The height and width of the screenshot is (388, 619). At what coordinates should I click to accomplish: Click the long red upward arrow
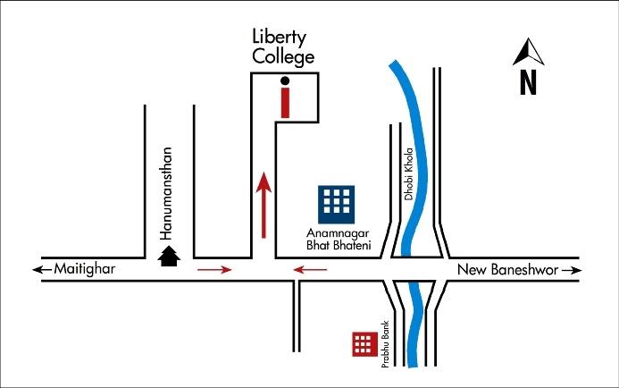click(263, 206)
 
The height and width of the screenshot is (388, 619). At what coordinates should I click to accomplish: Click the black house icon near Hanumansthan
click(169, 257)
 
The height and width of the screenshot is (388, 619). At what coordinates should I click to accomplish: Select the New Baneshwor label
click(506, 269)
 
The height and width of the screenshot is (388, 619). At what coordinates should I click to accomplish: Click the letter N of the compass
click(528, 83)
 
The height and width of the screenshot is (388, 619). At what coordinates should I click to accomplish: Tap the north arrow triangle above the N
click(528, 53)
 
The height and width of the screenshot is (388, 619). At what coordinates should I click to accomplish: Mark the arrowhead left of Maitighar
click(36, 269)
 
